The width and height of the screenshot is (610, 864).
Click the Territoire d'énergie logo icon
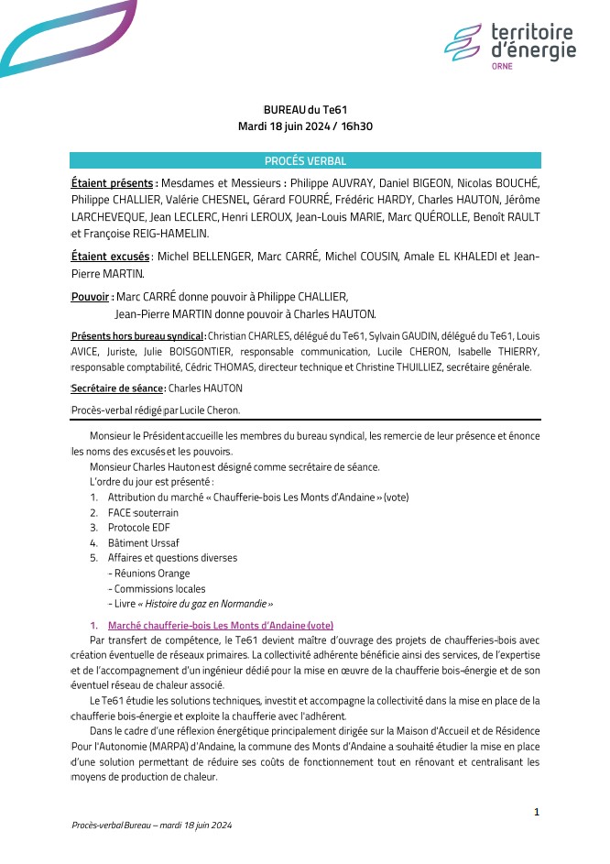click(462, 42)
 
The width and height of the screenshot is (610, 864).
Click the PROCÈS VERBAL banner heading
click(305, 160)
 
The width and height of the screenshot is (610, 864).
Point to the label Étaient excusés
click(110, 257)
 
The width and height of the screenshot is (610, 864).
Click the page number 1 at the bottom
click(537, 812)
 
